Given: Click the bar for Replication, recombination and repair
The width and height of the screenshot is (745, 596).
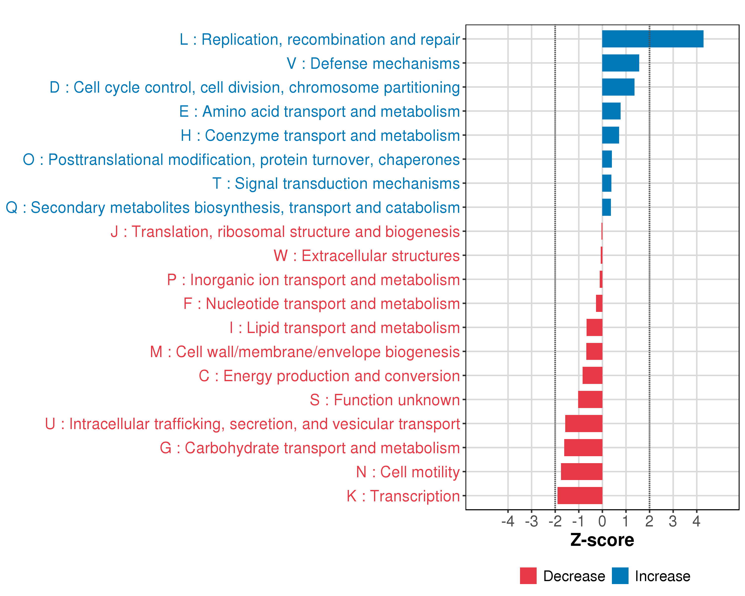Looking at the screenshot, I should (x=652, y=39).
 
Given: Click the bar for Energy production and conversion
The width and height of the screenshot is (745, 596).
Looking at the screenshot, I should (x=592, y=375).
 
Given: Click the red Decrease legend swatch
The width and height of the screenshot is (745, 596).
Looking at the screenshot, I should (x=528, y=576).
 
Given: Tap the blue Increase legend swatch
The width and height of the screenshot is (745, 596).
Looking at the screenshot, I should (x=620, y=576).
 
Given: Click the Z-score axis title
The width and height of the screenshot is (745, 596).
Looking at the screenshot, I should (x=602, y=540).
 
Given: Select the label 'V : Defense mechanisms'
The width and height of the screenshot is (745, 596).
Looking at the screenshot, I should (x=373, y=64).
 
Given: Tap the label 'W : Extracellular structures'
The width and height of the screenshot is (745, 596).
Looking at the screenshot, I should (x=367, y=256).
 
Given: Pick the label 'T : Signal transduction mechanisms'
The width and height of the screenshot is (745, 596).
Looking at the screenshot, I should (x=336, y=184).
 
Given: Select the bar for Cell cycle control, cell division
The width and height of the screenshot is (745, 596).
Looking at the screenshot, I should (x=618, y=87).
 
